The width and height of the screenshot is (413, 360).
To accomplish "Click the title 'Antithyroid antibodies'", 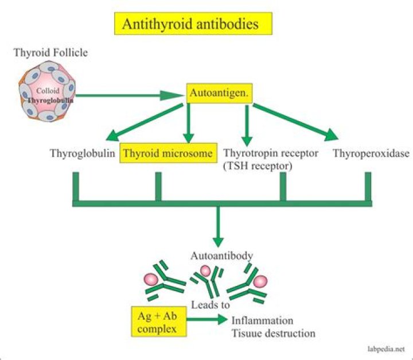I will pyautogui.click(x=193, y=25).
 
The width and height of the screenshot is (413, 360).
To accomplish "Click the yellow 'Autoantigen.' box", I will pyautogui.click(x=219, y=92).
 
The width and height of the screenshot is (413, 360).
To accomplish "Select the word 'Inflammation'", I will pyautogui.click(x=262, y=320).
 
